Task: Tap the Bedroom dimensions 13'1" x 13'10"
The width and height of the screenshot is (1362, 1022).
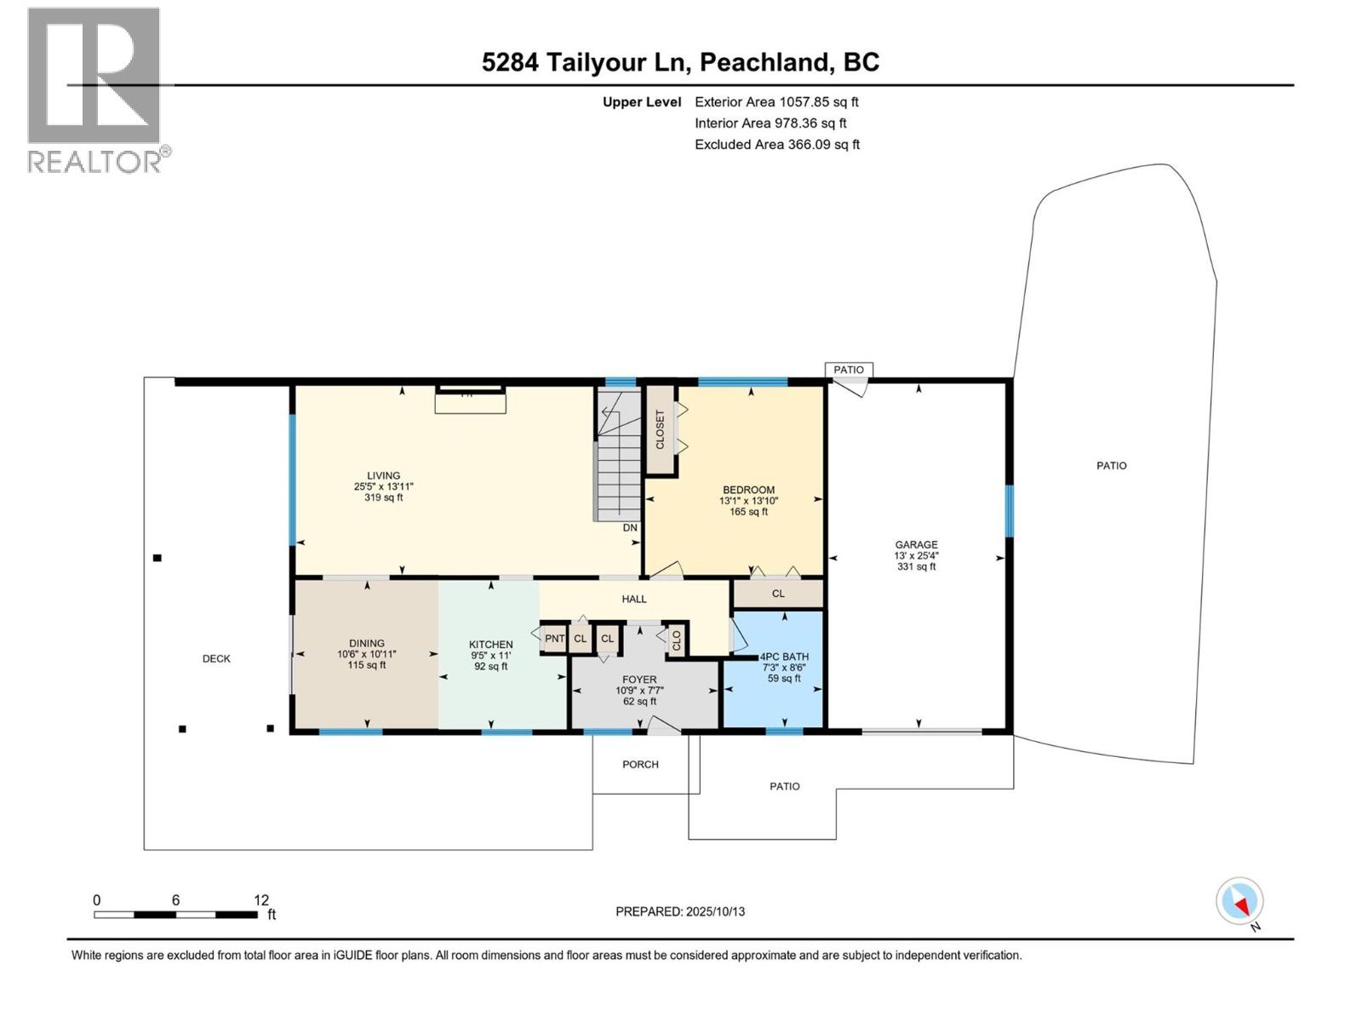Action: pyautogui.click(x=748, y=501)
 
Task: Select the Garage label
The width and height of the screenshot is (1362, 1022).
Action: pyautogui.click(x=916, y=545)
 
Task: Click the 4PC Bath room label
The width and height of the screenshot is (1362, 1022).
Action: pyautogui.click(x=784, y=657)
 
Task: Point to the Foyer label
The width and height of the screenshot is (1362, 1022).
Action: pyautogui.click(x=639, y=680)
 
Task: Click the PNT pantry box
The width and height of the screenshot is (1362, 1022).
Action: pyautogui.click(x=554, y=639)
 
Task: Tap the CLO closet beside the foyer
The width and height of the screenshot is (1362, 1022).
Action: pyautogui.click(x=677, y=640)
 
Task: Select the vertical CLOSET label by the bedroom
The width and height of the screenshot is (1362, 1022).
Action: pyautogui.click(x=660, y=429)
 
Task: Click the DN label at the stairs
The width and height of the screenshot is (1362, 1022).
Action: pyautogui.click(x=630, y=528)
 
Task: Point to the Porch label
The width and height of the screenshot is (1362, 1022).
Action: pyautogui.click(x=640, y=765)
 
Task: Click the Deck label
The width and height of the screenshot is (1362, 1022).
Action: pyautogui.click(x=216, y=658)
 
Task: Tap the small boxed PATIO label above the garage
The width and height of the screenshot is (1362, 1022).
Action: pyautogui.click(x=849, y=370)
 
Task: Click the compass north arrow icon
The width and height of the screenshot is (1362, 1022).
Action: pyautogui.click(x=1240, y=901)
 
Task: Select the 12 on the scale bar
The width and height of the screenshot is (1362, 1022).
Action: pyautogui.click(x=261, y=900)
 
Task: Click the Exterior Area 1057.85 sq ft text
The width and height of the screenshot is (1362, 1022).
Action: pyautogui.click(x=776, y=102)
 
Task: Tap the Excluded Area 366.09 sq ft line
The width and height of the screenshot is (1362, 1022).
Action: pyautogui.click(x=776, y=145)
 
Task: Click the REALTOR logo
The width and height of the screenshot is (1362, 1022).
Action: pyautogui.click(x=95, y=89)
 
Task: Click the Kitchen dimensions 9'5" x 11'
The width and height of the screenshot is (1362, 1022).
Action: pyautogui.click(x=491, y=656)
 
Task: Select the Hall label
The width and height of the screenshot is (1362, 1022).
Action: pyautogui.click(x=634, y=600)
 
